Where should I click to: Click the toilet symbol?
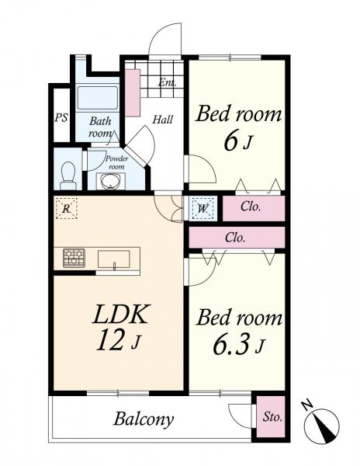[68, 176]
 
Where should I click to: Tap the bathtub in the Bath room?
[98, 99]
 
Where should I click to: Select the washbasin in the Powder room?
[111, 181]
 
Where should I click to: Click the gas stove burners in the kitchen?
[74, 258]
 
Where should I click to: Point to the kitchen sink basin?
[114, 259]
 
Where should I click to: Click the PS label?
[61, 118]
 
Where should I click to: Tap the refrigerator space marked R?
[67, 209]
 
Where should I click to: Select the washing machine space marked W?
[202, 208]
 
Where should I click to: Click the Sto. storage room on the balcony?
[271, 416]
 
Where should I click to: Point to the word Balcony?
[144, 419]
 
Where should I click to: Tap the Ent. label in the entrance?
[167, 82]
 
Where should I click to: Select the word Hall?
[163, 120]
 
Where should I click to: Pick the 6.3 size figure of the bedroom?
[230, 345]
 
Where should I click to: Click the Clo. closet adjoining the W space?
[254, 208]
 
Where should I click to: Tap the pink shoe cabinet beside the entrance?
[133, 92]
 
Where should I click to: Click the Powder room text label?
[117, 162]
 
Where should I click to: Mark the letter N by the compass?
[307, 405]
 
